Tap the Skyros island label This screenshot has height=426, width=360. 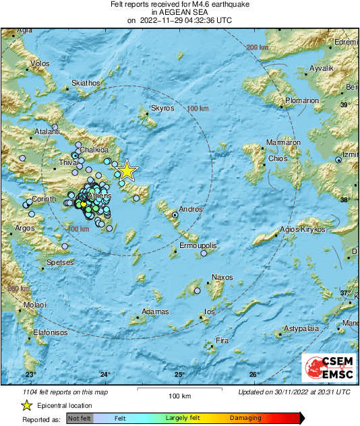click(162, 108)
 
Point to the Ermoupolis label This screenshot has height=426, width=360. click(198, 246)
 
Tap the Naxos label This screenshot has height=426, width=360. click(222, 277)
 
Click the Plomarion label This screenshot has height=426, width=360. click(301, 100)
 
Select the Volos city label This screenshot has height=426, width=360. click(40, 63)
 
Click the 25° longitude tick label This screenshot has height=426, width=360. click(179, 374)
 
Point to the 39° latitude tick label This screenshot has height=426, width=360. click(344, 105)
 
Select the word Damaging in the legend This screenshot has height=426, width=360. click(245, 419)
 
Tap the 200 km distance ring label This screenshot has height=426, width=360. click(257, 47)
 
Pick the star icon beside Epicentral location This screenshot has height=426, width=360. click(26, 406)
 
